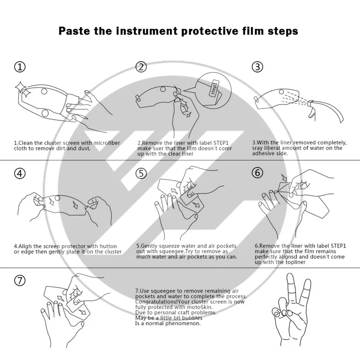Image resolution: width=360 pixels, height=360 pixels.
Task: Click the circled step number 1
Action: click(x=20, y=67)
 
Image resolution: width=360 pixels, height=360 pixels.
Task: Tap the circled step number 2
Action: click(x=141, y=67)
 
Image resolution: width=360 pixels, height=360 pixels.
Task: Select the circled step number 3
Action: click(x=257, y=67)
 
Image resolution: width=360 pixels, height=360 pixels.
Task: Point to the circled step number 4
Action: click(x=20, y=173)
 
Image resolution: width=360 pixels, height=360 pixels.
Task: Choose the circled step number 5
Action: click(x=141, y=173)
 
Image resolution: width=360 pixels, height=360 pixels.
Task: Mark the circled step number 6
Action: click(x=257, y=173)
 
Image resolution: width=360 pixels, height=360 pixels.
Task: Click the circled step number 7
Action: click(x=20, y=280)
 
